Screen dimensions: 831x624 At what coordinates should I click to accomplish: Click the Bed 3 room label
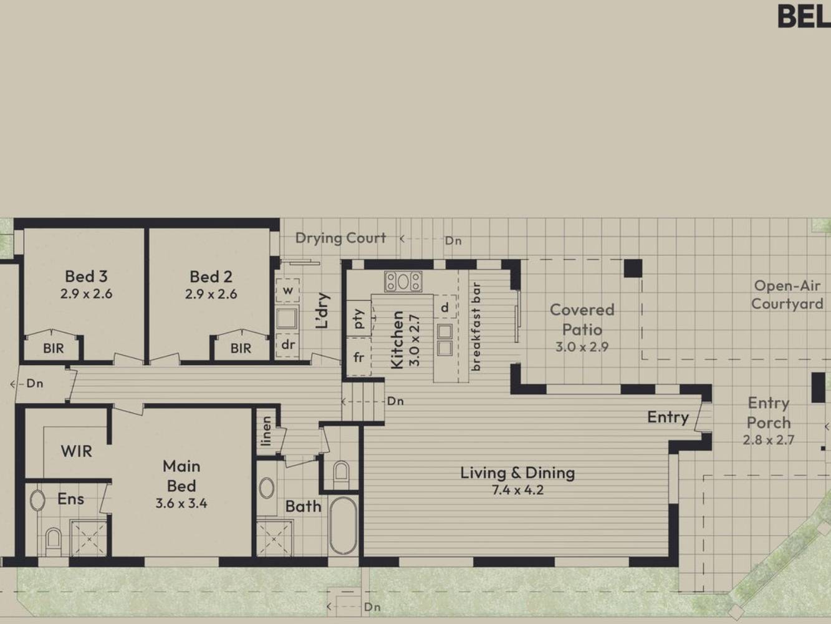(x=86, y=276)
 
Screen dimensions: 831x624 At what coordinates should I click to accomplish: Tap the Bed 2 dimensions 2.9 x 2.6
(x=211, y=294)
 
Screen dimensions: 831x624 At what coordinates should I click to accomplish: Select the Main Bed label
(x=181, y=476)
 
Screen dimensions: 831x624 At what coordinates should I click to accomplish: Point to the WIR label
(x=76, y=451)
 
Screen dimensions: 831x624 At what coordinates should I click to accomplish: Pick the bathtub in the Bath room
(x=343, y=526)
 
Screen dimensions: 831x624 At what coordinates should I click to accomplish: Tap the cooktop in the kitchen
(x=403, y=281)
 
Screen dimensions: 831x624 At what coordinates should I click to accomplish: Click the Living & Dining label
(x=517, y=473)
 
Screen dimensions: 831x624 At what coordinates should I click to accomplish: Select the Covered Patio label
(x=582, y=319)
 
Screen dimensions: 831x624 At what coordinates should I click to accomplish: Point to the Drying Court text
(x=341, y=238)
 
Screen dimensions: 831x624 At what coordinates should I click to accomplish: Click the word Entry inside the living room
(x=668, y=417)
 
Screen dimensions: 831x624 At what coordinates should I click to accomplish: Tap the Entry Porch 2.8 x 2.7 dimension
(x=768, y=440)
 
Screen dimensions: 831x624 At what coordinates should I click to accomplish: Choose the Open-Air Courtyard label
(x=787, y=295)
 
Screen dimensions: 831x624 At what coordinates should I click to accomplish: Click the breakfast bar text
(x=476, y=326)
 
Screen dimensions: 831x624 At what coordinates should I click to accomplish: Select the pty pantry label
(x=358, y=319)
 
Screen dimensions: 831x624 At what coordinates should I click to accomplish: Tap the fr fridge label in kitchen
(x=358, y=357)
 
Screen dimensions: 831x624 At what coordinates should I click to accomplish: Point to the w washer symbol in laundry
(x=288, y=291)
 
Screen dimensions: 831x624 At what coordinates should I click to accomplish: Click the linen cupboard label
(x=267, y=431)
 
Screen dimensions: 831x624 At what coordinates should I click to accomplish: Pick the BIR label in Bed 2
(x=241, y=348)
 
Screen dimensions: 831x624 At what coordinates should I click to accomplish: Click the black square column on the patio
(x=633, y=268)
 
